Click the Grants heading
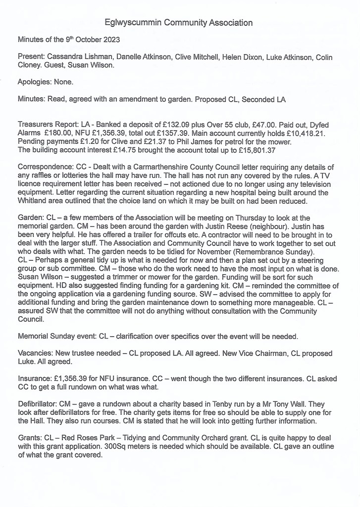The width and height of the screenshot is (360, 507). coord(29,438)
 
